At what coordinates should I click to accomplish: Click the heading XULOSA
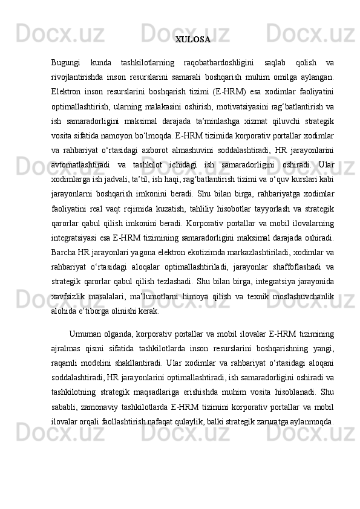pos(192,41)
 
